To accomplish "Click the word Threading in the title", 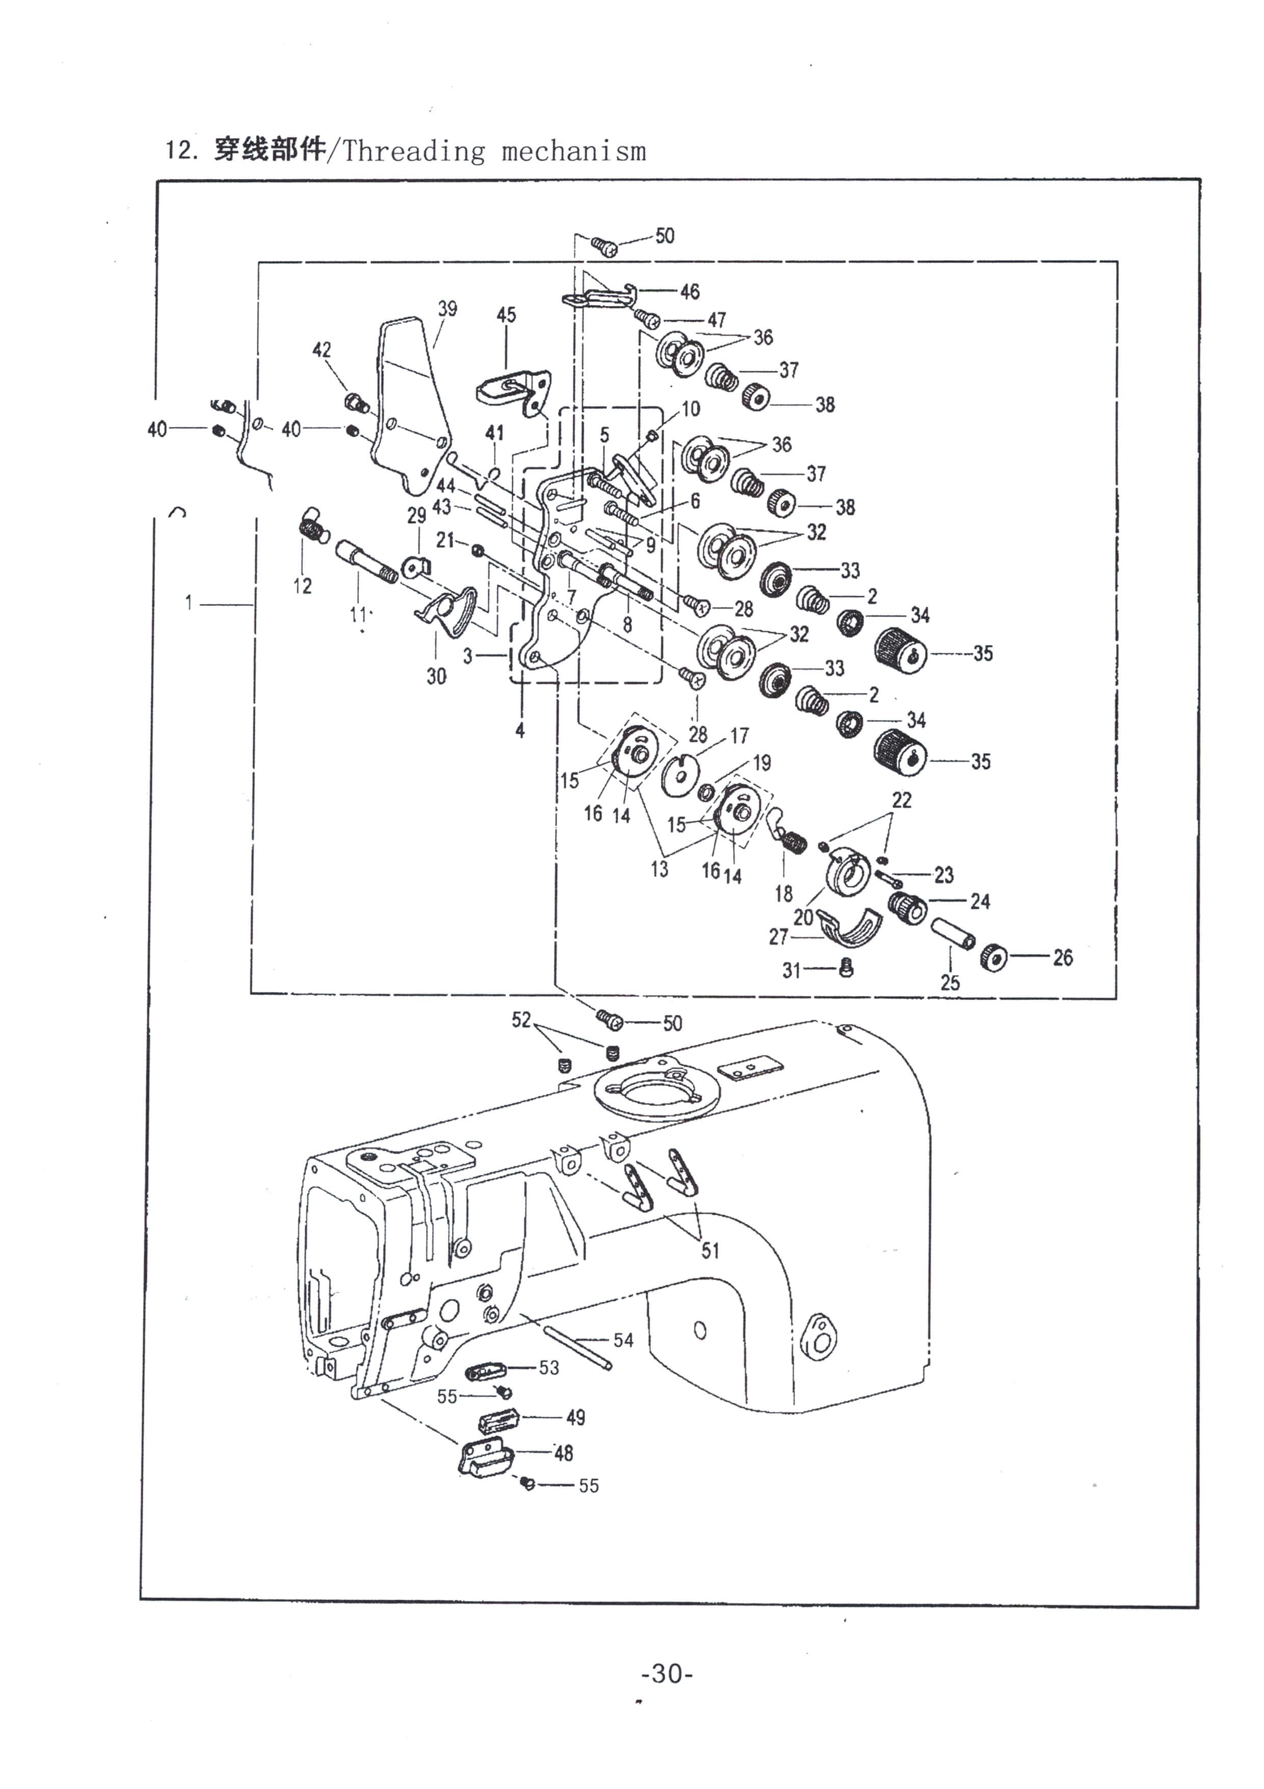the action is coord(413,150).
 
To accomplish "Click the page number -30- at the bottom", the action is coord(667,1673).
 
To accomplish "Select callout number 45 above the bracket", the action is coord(506,315).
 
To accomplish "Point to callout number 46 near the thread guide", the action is coord(690,292).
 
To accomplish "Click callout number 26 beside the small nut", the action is coord(1063,958).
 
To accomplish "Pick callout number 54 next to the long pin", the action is coord(623,1340).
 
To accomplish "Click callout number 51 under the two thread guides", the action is coord(710,1250).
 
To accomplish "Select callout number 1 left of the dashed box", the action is coord(189,602).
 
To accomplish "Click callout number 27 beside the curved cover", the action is coord(779,937).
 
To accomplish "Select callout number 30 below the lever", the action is coord(436,676).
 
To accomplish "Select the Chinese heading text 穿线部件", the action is coord(270,149).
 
